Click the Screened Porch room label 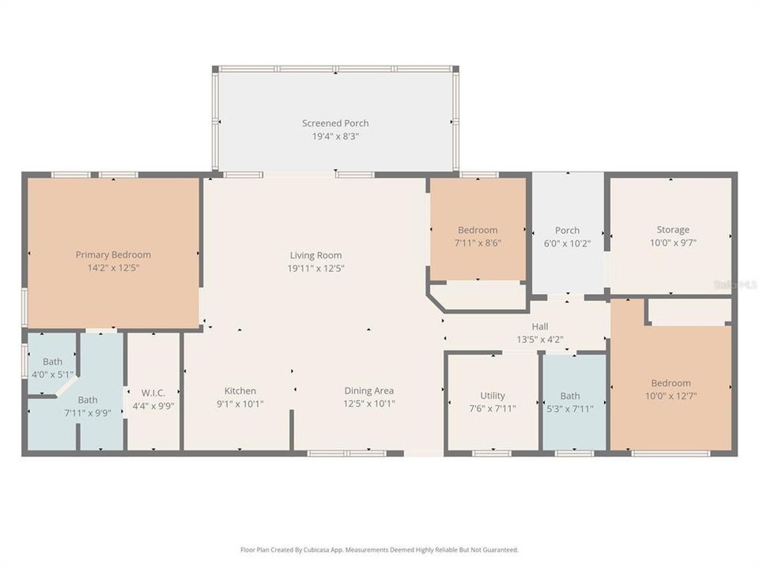coord(335,123)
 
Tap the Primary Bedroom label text coord(113,254)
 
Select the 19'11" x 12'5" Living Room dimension coord(316,268)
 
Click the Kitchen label coord(240,390)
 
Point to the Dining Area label coord(368,390)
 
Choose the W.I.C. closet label coord(153,393)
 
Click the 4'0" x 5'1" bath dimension coord(52,375)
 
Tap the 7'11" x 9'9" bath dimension coord(88,413)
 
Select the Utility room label coord(493,396)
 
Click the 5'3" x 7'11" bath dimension coord(569,409)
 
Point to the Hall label coord(540,326)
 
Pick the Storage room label coord(672,230)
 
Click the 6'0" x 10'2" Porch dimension coord(567,243)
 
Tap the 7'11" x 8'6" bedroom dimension coord(478,243)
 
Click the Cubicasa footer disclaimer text coord(379,549)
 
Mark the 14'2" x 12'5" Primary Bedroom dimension coord(113,268)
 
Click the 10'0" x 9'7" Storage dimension coord(672,243)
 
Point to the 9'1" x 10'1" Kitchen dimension coord(240,404)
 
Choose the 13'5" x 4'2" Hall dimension coord(540,340)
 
